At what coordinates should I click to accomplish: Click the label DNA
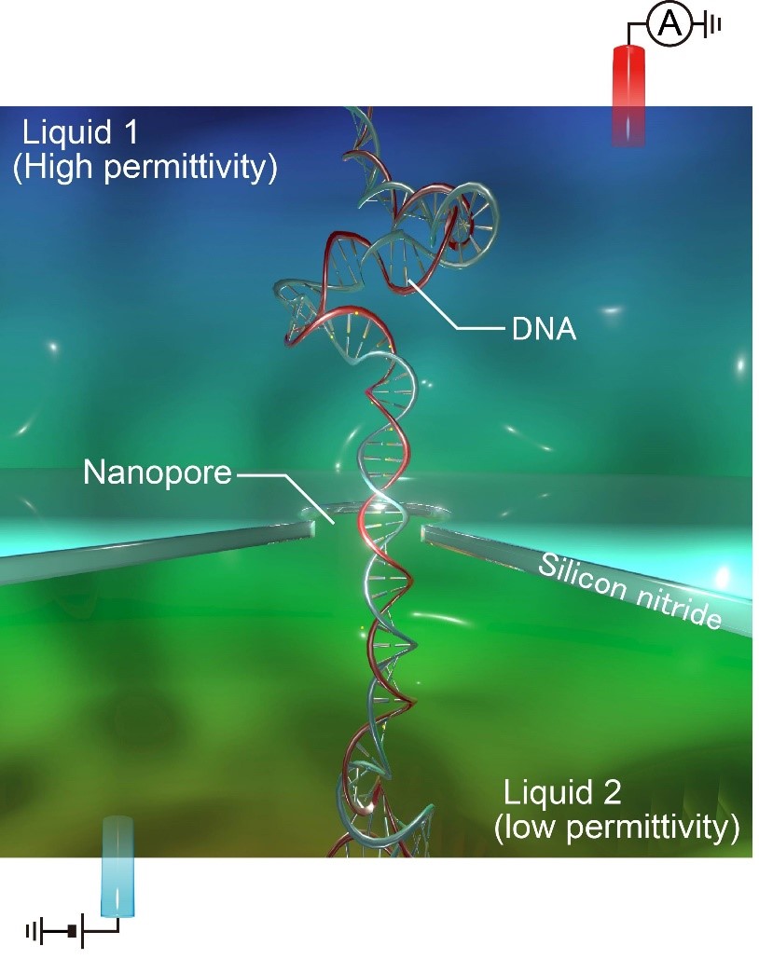pos(544,328)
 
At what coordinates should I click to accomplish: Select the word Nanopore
pos(157,473)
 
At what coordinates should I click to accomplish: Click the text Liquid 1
pos(82,131)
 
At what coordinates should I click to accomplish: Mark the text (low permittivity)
pos(616,827)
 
